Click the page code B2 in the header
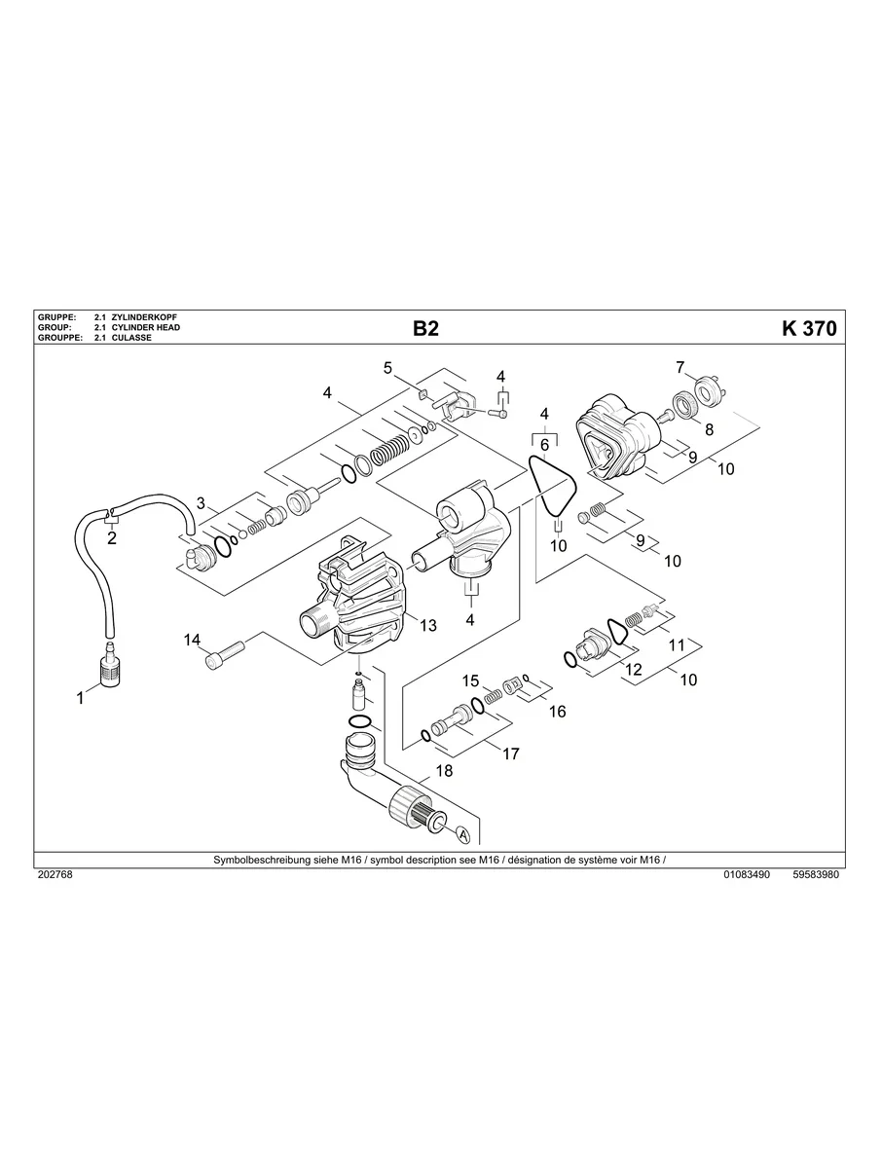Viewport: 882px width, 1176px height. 425,329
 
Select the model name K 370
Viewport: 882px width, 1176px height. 808,329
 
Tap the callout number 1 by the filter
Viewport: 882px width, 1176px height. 81,697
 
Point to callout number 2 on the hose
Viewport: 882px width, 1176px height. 112,538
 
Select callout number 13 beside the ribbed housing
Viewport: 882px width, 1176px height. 428,626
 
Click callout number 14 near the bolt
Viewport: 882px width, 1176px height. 193,640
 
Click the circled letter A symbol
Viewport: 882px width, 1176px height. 462,835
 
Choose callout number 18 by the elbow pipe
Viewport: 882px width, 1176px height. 444,771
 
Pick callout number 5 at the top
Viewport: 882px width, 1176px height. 387,368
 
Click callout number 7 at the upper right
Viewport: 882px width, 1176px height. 681,367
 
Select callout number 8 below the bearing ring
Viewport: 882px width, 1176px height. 709,428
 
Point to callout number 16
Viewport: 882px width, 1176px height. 557,712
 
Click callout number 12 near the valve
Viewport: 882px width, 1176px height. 633,670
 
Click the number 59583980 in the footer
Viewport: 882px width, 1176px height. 816,875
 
